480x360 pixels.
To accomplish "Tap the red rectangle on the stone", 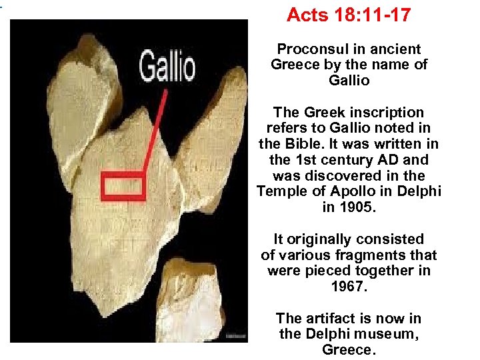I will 123,185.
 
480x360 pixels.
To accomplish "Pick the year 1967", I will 349,287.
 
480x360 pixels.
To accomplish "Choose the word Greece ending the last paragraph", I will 349,349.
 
